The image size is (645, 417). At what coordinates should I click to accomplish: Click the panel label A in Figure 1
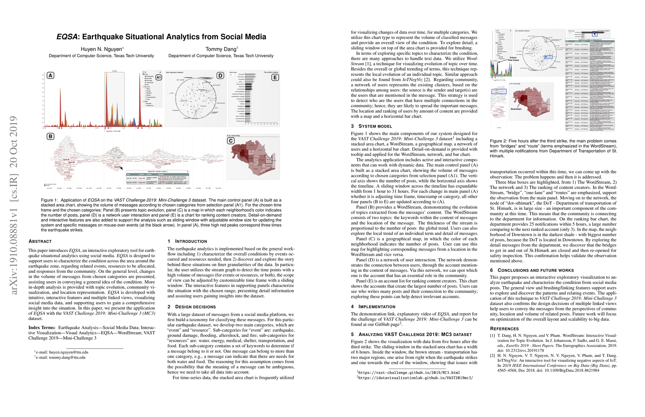coord(50,75)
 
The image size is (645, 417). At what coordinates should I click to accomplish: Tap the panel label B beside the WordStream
coord(50,137)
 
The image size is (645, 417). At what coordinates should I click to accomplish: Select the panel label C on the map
coord(231,141)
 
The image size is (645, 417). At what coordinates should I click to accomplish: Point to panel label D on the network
coord(220,75)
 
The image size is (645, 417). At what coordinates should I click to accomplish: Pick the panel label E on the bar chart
coord(275,77)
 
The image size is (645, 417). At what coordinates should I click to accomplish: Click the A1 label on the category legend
coord(159,77)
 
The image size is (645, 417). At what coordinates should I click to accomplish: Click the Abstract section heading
coord(40,241)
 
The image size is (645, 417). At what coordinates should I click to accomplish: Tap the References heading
coord(504,329)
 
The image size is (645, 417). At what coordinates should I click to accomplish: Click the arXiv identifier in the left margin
coord(14,205)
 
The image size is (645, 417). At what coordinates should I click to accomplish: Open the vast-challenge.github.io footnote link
coord(409,373)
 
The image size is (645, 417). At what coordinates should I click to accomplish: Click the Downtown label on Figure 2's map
coord(516,109)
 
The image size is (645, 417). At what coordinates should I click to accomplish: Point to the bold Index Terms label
coord(42,327)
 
